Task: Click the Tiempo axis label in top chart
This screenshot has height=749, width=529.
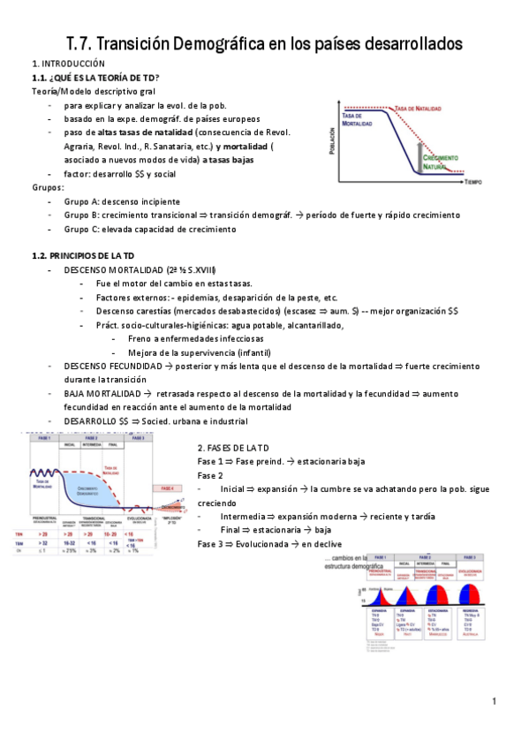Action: [472, 180]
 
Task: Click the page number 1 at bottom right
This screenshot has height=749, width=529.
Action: [496, 701]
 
